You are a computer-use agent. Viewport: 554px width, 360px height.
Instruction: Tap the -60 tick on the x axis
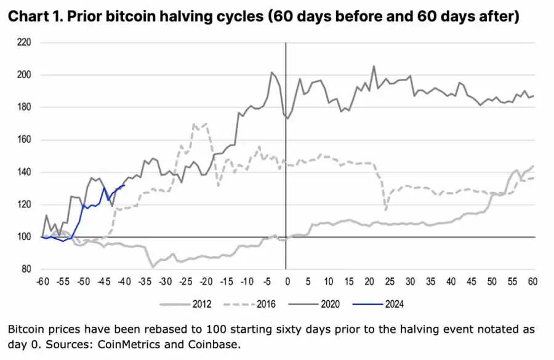42,281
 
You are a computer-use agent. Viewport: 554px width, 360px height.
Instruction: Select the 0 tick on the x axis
286,281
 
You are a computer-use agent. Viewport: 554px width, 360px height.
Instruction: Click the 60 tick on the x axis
531,281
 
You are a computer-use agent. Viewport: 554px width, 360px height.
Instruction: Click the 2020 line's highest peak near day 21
374,66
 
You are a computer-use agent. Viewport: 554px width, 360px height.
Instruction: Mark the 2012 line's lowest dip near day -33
152,266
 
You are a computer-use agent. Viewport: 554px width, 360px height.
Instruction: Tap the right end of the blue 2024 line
124,185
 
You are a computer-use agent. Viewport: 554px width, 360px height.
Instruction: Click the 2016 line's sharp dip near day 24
385,210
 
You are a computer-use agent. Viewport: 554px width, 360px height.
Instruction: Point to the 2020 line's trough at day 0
287,118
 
